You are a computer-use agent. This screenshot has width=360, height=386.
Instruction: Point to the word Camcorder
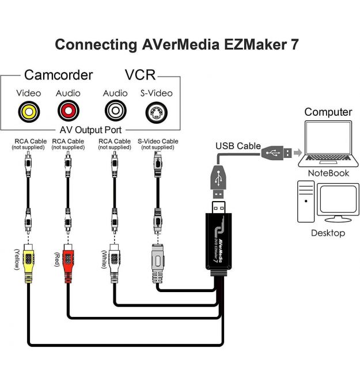pos(58,75)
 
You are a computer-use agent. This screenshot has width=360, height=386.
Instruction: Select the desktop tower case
pos(306,202)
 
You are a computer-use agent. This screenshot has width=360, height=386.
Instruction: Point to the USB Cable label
pos(238,146)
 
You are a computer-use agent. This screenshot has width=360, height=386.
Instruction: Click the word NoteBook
pos(328,173)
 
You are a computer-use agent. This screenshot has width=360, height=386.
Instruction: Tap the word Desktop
pos(328,233)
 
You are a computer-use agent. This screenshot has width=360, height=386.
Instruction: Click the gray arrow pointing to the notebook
pos(297,153)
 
